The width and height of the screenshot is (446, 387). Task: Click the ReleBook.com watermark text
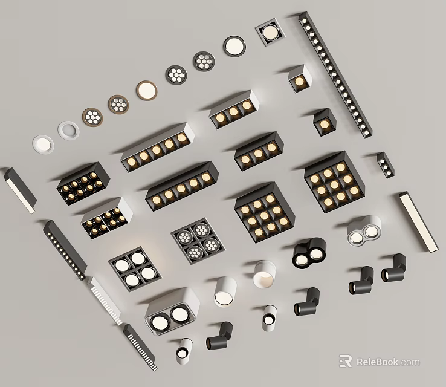pos(387,362)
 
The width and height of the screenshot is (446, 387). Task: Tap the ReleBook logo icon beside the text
pos(345,362)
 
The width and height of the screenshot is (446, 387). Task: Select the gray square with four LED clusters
pos(195,240)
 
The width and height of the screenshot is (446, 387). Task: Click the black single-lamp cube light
pos(324,123)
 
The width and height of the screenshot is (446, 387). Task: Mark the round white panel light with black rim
pos(234,45)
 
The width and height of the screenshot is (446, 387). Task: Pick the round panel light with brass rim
pos(146,90)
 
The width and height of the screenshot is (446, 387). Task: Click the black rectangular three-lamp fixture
pos(259,152)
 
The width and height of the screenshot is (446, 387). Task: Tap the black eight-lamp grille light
pos(83,184)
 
